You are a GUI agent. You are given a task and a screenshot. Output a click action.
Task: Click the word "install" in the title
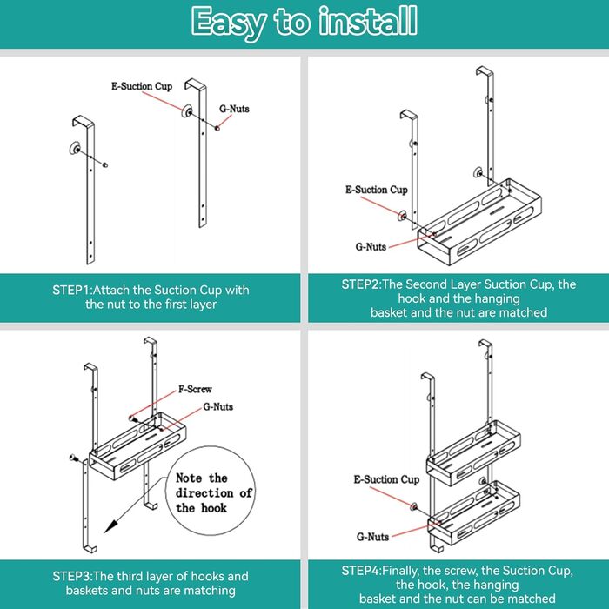[x=368, y=21]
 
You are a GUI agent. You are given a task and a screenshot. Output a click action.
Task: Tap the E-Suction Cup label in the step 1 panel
[x=142, y=86]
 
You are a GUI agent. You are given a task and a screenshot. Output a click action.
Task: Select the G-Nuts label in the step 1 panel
[x=234, y=109]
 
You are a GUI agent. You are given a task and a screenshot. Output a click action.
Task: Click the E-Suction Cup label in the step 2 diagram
[x=377, y=190]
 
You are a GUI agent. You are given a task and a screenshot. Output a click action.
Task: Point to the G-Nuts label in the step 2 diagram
[x=371, y=246]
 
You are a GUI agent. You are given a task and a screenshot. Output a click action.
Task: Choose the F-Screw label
[x=195, y=389]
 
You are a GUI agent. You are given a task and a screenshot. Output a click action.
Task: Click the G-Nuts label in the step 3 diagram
[x=217, y=406]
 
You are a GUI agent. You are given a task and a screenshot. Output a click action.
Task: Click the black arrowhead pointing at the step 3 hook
[x=110, y=526]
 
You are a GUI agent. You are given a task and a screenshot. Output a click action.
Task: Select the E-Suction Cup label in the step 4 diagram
[x=386, y=479]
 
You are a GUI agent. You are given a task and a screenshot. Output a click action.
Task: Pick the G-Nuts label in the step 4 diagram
[x=373, y=537]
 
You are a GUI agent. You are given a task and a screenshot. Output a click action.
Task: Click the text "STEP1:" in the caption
[x=72, y=290]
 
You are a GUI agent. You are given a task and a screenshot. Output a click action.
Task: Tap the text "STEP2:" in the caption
[x=362, y=284]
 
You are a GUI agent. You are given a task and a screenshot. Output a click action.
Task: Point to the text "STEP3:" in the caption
[x=72, y=576]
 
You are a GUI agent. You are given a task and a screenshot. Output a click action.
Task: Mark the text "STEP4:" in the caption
[x=362, y=571]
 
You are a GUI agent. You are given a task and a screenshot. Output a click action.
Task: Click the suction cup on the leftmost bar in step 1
[x=74, y=149]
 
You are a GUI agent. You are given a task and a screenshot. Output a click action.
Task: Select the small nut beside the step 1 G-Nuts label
[x=217, y=127]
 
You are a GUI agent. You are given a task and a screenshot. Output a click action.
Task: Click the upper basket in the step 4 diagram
[x=473, y=453]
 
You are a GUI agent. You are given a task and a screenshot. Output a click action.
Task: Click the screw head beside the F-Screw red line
[x=130, y=418]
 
